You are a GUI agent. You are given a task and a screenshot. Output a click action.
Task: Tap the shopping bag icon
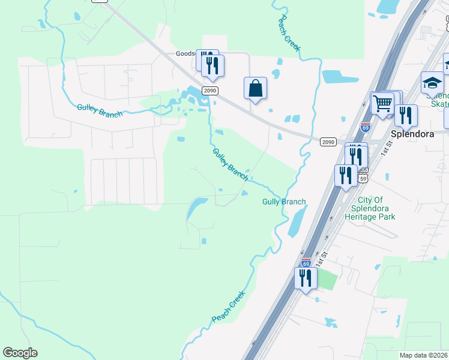click(x=255, y=88)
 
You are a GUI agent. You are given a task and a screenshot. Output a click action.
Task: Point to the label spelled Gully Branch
click(x=284, y=202)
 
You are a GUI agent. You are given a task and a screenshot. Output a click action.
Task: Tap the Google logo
click(x=20, y=353)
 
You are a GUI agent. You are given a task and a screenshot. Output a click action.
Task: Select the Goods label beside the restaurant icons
click(x=185, y=53)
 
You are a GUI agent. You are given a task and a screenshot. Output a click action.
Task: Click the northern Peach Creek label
click(x=288, y=34)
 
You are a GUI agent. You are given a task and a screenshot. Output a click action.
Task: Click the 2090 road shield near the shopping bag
click(x=209, y=90)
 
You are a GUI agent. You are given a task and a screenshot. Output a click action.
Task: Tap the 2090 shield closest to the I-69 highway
click(x=328, y=142)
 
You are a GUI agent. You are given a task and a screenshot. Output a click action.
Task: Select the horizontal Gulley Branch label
click(x=100, y=110)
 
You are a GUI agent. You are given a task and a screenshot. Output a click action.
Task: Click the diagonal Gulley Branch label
click(x=229, y=164)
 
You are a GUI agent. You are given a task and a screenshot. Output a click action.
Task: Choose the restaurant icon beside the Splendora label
click(x=406, y=115)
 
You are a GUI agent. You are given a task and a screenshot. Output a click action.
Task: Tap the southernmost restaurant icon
click(x=306, y=278)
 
